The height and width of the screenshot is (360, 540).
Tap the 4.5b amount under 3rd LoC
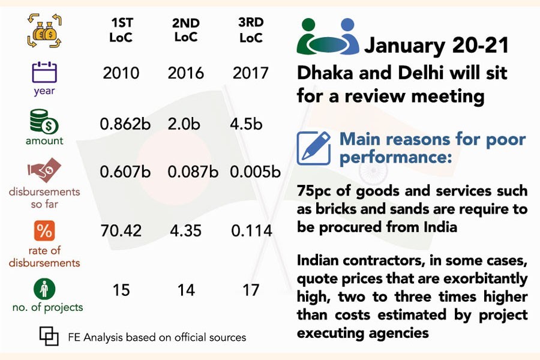pos(247,125)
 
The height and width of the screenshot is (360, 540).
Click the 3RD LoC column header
pos(251,31)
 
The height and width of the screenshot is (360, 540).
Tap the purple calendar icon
pos(44,73)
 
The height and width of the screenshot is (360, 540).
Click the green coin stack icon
pos(44,122)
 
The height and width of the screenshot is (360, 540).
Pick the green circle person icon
pos(44,289)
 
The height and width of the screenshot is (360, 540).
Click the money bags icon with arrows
pos(44,32)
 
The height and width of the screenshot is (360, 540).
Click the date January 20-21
pos(437,46)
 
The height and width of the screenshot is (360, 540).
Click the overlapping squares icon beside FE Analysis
pos(49,336)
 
